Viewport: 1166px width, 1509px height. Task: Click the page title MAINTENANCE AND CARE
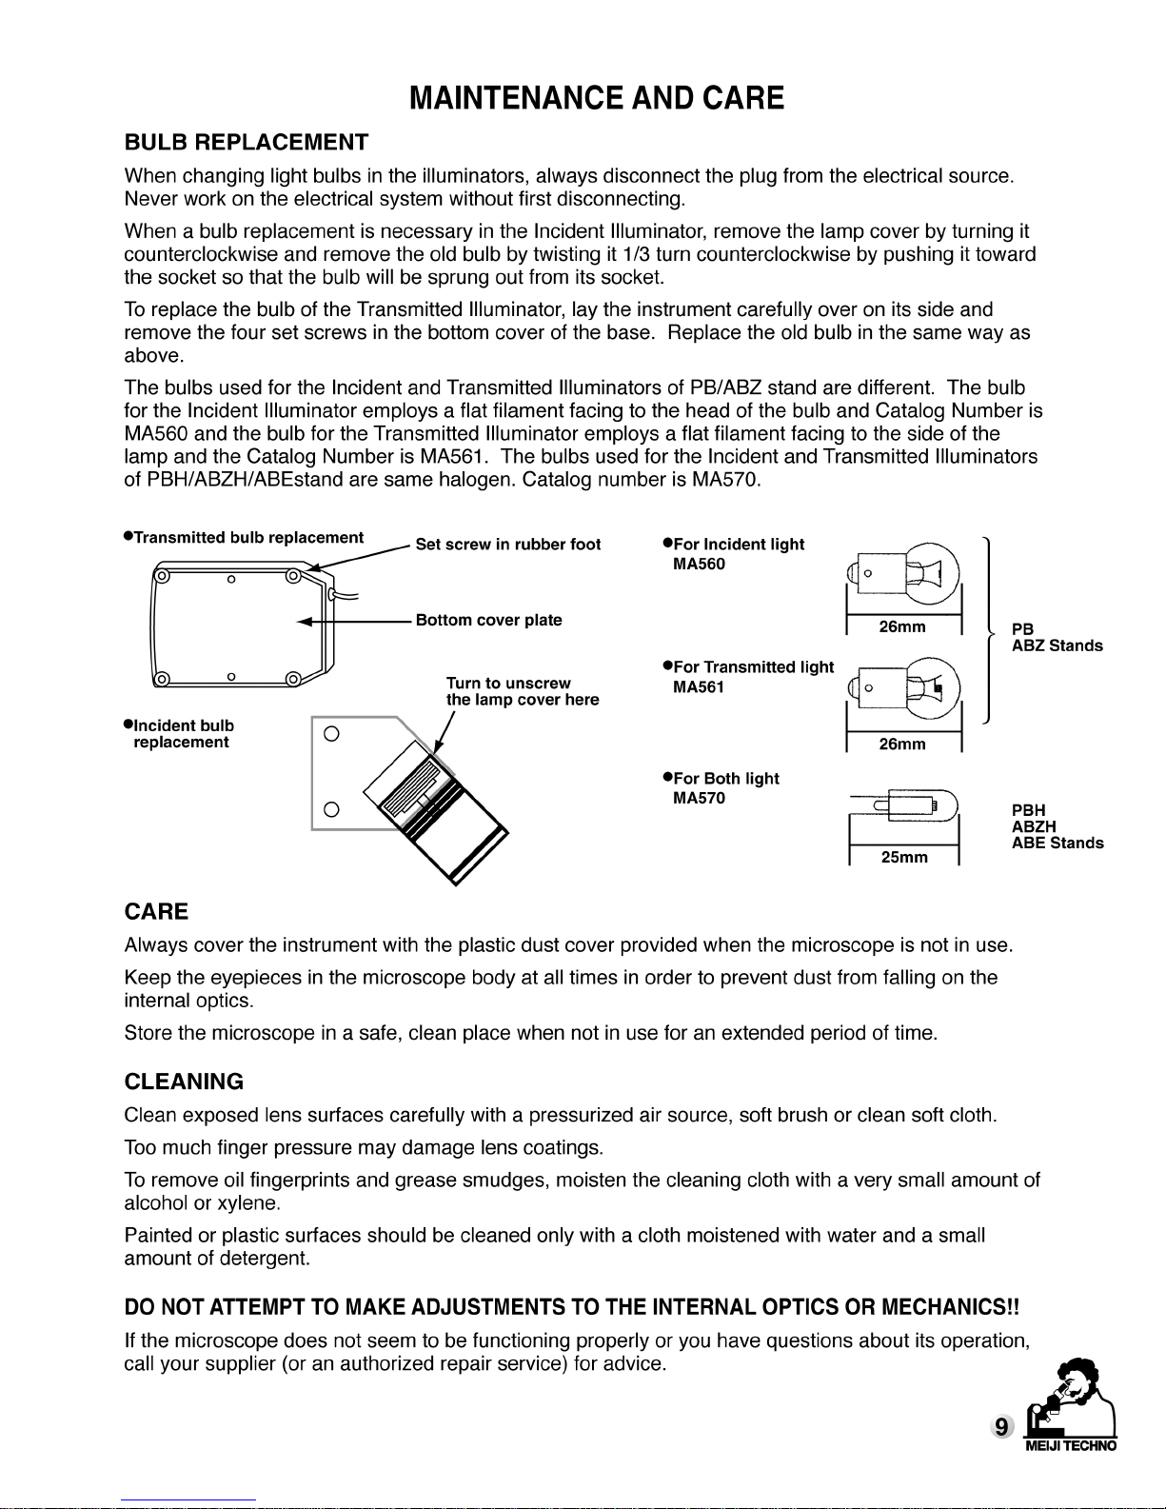pyautogui.click(x=597, y=98)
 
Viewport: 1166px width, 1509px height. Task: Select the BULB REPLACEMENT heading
pyautogui.click(x=247, y=143)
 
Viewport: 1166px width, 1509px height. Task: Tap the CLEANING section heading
pyautogui.click(x=184, y=1082)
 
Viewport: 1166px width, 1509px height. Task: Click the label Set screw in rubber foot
pyautogui.click(x=508, y=545)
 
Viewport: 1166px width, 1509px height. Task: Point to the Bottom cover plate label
pyautogui.click(x=489, y=620)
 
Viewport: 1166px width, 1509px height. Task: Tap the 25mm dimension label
pyautogui.click(x=904, y=857)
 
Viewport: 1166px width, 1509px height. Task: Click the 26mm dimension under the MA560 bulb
pyautogui.click(x=902, y=626)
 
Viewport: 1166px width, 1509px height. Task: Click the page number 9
pyautogui.click(x=1000, y=1426)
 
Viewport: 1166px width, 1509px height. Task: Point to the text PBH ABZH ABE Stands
pyautogui.click(x=1057, y=826)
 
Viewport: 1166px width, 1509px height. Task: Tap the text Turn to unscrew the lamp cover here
pyautogui.click(x=523, y=691)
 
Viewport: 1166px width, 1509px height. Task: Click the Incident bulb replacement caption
pyautogui.click(x=181, y=734)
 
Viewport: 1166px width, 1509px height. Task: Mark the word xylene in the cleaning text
pyautogui.click(x=248, y=1203)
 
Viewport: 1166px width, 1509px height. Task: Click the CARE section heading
pyautogui.click(x=156, y=912)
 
